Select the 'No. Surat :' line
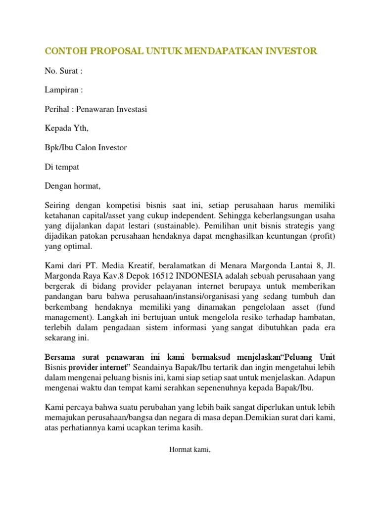coord(63,71)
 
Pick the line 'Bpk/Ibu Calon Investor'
coord(86,148)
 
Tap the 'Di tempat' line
coord(62,167)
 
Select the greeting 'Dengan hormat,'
coord(73,186)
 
